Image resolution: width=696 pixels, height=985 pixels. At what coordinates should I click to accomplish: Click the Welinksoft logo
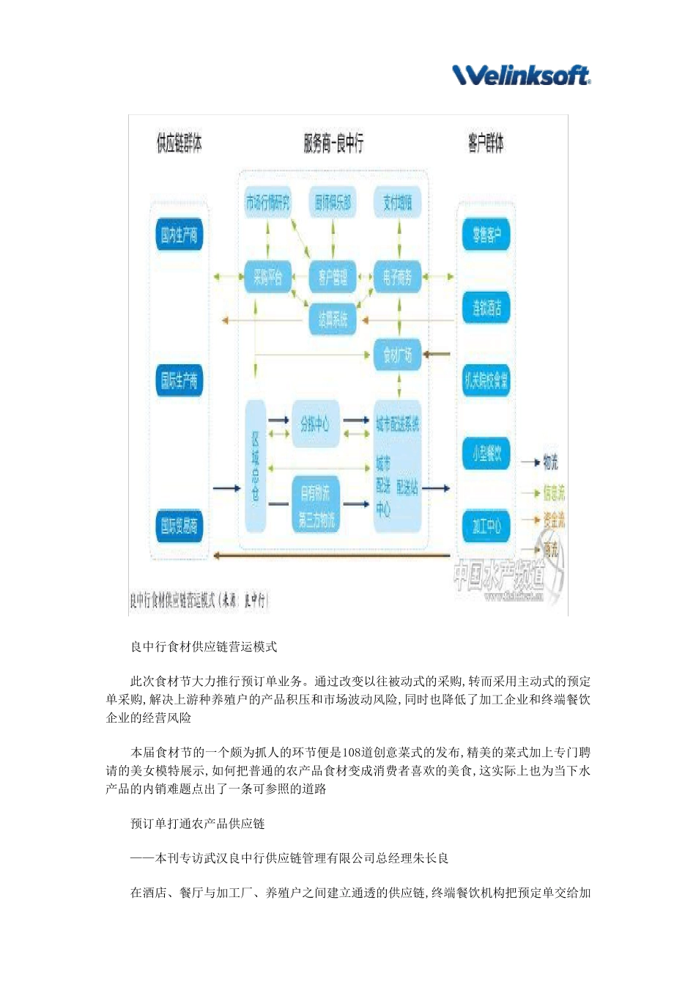[522, 74]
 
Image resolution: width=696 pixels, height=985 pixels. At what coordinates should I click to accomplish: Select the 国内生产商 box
[179, 235]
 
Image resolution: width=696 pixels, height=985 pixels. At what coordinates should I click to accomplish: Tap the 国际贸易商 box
[179, 525]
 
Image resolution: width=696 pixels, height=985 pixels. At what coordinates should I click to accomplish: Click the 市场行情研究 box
[267, 202]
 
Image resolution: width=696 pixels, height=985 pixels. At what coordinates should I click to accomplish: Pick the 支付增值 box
[398, 202]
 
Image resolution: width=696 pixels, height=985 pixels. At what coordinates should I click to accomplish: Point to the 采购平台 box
[268, 278]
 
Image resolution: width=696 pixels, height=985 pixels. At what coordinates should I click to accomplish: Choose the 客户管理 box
[333, 278]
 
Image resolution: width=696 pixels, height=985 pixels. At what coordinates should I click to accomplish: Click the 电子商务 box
[397, 278]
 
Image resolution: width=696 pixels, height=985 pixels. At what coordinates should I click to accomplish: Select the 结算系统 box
[333, 320]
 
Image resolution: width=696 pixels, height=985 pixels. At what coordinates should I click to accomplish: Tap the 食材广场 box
[397, 355]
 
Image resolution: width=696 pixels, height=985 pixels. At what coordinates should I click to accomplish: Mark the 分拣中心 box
[315, 424]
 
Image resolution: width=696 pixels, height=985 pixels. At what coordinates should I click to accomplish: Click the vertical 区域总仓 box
[255, 466]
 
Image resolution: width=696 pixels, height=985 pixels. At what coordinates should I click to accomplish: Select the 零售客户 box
[486, 235]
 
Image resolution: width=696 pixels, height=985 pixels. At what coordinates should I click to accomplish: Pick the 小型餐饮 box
[486, 454]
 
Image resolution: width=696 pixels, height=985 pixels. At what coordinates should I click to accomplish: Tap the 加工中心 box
[486, 525]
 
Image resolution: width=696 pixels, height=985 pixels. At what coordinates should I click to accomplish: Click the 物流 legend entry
[550, 462]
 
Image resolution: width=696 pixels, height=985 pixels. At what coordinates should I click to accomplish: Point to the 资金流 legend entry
[554, 520]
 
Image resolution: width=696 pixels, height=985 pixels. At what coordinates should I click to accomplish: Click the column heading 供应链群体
[179, 143]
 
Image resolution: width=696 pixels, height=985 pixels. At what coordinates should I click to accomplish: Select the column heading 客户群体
[486, 143]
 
